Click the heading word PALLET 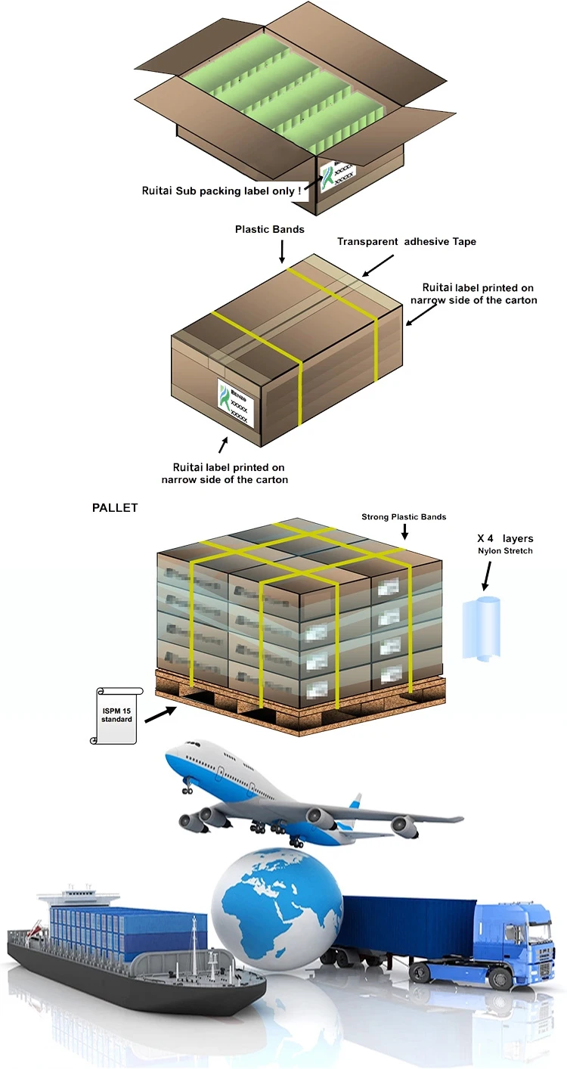(x=115, y=508)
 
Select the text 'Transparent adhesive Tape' (x=407, y=242)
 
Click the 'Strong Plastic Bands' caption (x=404, y=517)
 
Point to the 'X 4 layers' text (x=506, y=538)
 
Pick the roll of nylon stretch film (x=483, y=627)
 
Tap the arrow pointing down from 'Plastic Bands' (x=281, y=252)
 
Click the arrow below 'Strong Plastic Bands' (x=404, y=534)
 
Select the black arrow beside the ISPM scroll (x=161, y=714)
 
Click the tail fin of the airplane (x=351, y=807)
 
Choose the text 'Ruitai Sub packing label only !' (x=222, y=191)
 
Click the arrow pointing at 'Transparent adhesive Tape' (x=379, y=265)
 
